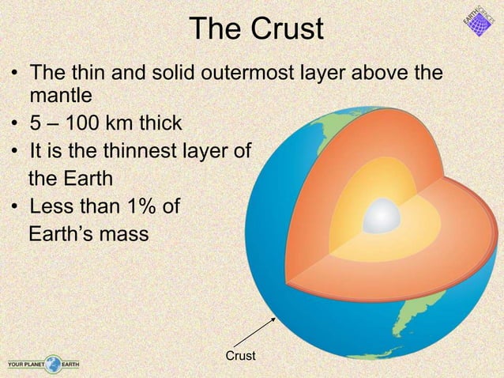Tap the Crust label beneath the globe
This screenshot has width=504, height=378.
tap(240, 357)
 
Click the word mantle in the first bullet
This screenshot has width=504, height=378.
tap(61, 97)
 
